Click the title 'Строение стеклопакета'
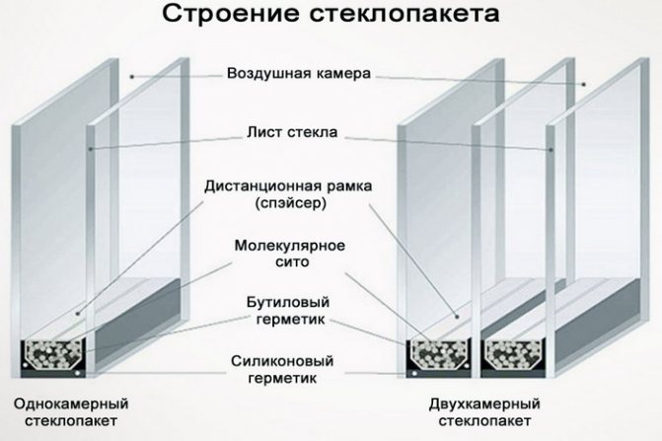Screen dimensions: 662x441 click(x=331, y=14)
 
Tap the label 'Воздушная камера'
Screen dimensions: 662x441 click(x=299, y=73)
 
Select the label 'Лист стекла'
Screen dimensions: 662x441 click(x=292, y=132)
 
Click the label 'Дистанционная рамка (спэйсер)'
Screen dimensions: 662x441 click(x=288, y=194)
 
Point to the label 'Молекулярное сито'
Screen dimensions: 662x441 click(x=290, y=254)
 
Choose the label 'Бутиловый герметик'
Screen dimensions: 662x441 click(x=289, y=311)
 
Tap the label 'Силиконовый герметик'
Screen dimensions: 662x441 click(x=282, y=369)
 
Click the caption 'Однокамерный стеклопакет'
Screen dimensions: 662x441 click(x=71, y=412)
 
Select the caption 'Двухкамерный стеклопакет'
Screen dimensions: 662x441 click(x=484, y=412)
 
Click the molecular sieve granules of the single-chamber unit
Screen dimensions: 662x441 click(x=52, y=354)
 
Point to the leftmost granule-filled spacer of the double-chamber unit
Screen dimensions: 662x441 click(x=439, y=354)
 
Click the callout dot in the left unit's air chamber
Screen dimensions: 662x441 click(x=132, y=77)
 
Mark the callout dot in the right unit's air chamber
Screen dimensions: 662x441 click(x=584, y=85)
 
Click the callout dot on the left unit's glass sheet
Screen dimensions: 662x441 click(x=91, y=149)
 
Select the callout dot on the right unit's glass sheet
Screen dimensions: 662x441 click(x=551, y=150)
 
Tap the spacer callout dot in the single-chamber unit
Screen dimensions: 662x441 click(x=77, y=313)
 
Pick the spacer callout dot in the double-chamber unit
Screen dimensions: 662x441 click(x=457, y=316)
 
